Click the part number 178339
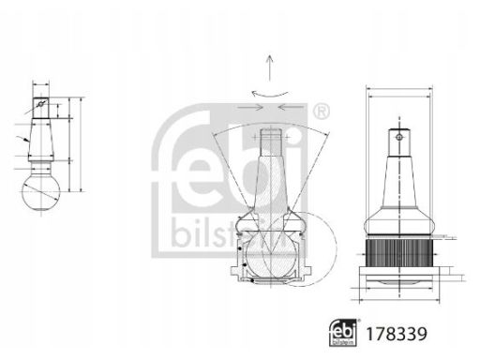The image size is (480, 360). tap(397, 334)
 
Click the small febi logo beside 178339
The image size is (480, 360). tap(343, 333)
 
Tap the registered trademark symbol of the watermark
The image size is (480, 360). tap(321, 112)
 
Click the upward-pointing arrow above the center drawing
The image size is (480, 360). tap(270, 68)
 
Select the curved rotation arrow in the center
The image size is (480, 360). tap(270, 94)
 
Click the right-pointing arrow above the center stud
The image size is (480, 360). tap(250, 108)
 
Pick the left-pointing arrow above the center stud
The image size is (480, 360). tap(291, 108)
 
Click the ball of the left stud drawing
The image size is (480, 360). tap(41, 191)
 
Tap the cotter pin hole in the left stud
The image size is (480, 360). tap(40, 104)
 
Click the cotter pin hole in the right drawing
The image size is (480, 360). tap(399, 137)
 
